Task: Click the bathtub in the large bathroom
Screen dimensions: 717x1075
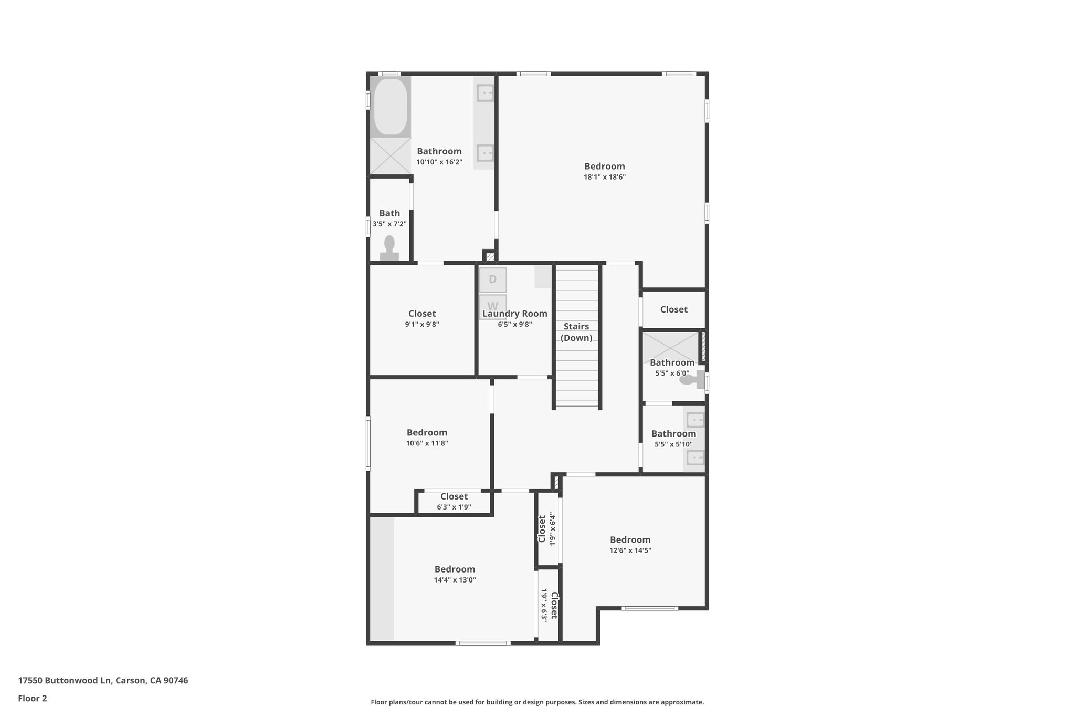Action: [x=391, y=107]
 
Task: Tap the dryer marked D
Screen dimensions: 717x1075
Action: [x=492, y=279]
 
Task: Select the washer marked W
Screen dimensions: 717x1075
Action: [x=492, y=306]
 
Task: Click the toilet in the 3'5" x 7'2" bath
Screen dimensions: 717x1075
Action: [x=389, y=248]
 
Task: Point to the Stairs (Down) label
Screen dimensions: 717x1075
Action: [x=576, y=332]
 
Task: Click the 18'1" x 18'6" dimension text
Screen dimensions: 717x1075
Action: [x=605, y=178]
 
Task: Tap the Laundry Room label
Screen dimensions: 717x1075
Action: [x=515, y=314]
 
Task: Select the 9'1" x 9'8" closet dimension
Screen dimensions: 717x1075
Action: [x=422, y=325]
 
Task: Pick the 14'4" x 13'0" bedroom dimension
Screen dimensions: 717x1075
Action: [x=455, y=580]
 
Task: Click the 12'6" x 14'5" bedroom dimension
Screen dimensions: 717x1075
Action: [x=630, y=550]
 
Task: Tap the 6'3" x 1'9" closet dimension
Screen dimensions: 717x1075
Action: [x=454, y=507]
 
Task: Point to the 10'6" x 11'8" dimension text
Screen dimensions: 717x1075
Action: [x=427, y=443]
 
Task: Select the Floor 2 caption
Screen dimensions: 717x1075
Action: [x=33, y=699]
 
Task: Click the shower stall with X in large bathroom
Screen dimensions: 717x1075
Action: [x=391, y=155]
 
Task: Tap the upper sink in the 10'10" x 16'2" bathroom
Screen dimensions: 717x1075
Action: [x=484, y=93]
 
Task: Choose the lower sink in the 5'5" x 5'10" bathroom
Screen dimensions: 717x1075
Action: [x=695, y=458]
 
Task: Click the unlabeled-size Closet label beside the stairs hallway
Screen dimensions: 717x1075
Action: [x=673, y=309]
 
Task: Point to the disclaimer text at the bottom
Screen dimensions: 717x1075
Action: [x=537, y=702]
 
